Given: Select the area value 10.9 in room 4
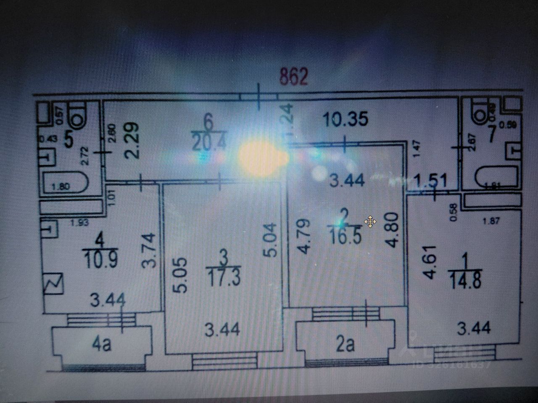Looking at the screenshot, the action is point(100,259).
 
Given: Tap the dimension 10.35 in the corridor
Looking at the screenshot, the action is point(346,119).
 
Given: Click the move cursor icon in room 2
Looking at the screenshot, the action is point(370,222).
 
